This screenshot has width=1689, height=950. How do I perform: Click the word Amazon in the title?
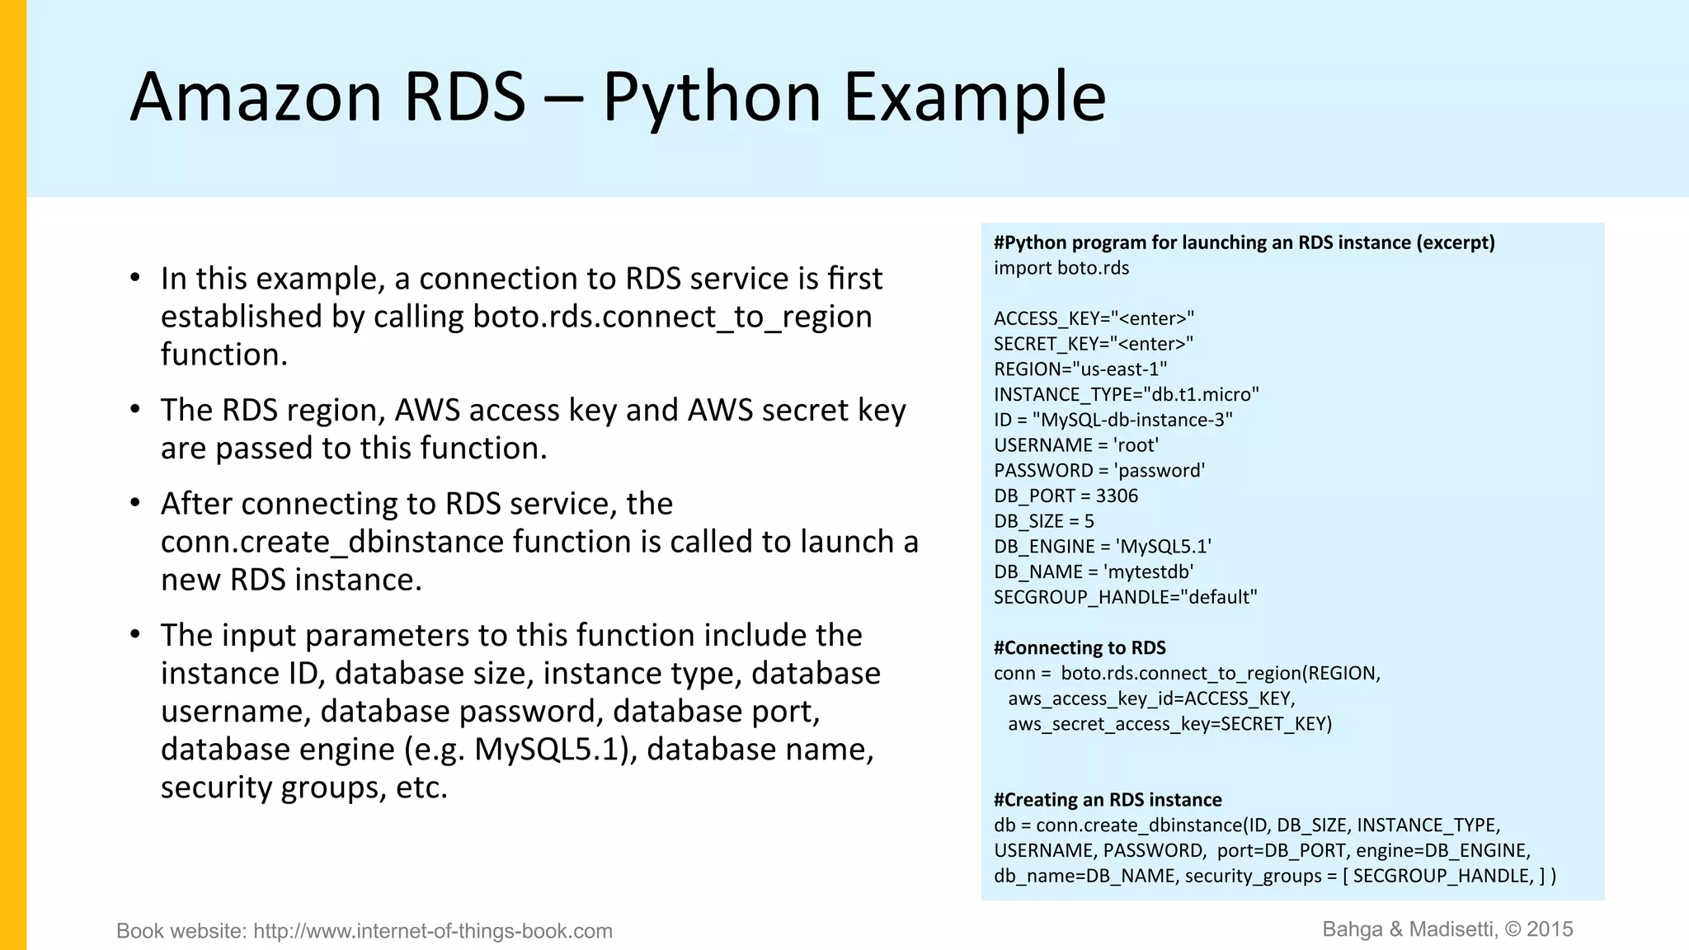pos(256,97)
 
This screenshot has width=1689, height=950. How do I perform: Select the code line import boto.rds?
pos(1061,268)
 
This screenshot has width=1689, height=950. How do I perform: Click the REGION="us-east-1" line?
pos(1080,369)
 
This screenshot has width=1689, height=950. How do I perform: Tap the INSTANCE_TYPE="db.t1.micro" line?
pos(1126,394)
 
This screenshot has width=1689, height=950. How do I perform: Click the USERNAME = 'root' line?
pos(1075,445)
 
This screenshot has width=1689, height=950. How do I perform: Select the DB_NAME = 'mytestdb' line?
pos(1094,571)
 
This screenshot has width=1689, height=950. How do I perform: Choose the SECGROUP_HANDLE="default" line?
pos(1125,597)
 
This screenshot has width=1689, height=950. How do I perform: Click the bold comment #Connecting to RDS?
pos(1080,648)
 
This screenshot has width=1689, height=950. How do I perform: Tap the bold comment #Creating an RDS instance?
pos(1108,800)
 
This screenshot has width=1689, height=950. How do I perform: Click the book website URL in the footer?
pos(432,931)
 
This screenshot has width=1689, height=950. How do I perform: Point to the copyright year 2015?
pos(1550,929)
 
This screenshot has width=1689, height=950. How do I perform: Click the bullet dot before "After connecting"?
pos(135,503)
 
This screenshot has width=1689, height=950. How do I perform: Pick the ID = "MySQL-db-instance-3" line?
pos(1113,420)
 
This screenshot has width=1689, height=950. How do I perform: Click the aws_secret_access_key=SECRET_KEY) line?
pos(1169,724)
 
